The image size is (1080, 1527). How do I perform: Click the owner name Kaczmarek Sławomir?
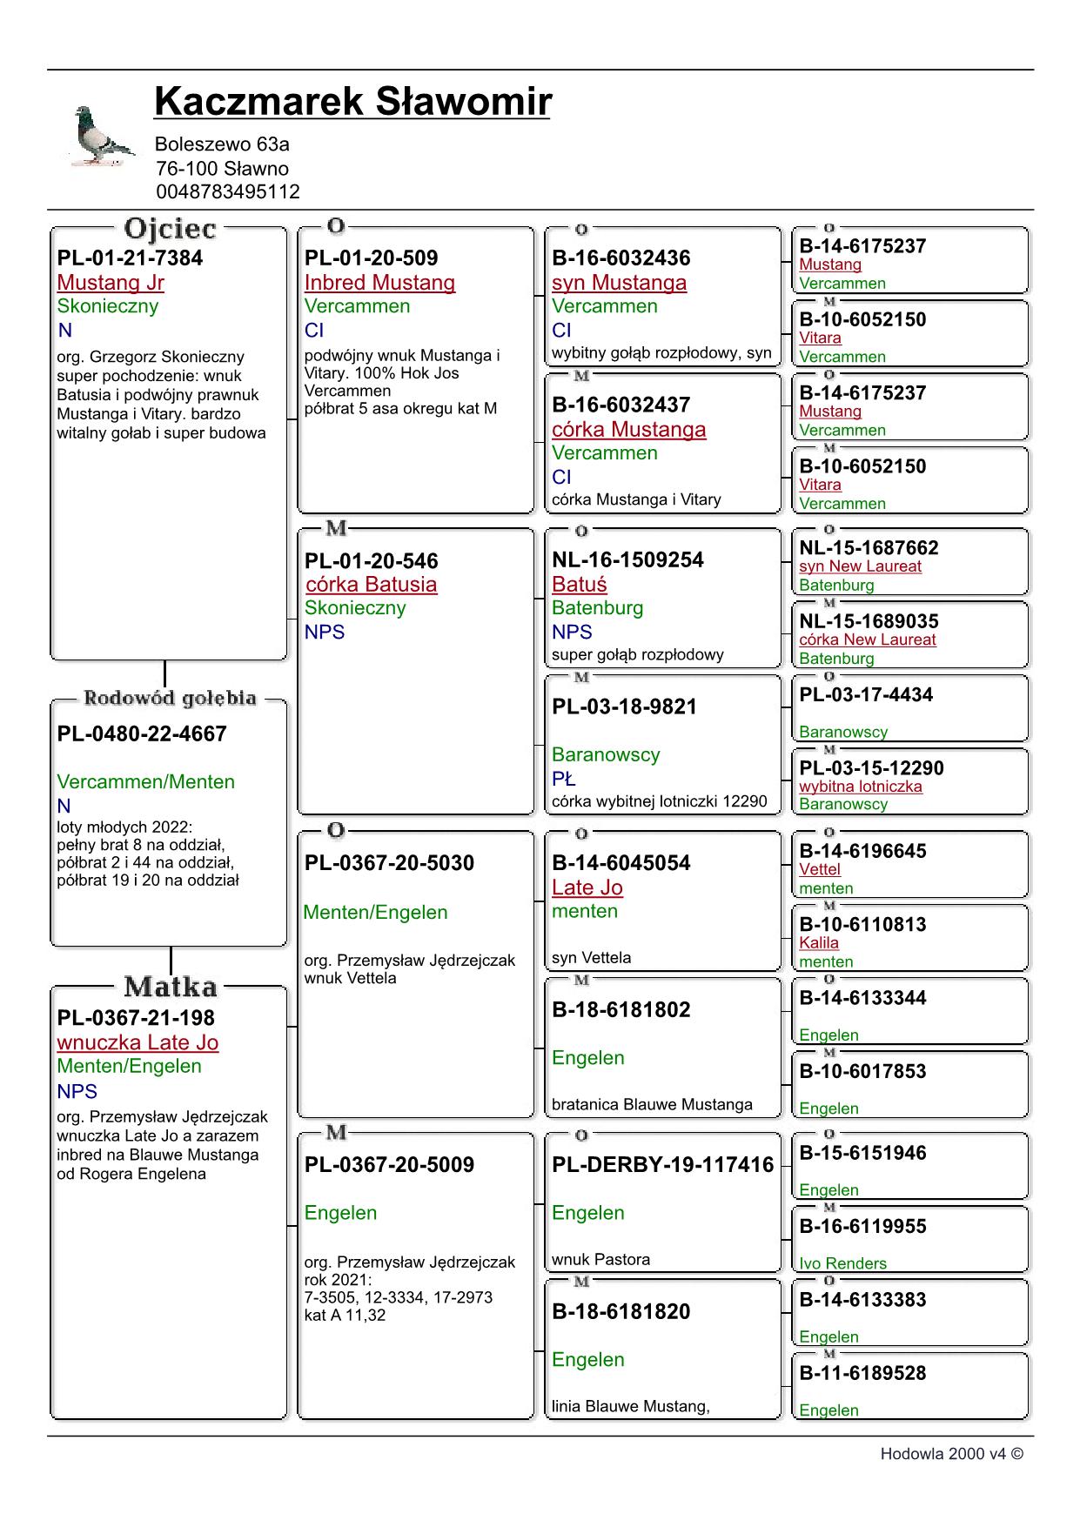click(352, 102)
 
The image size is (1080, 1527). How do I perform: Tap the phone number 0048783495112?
click(228, 191)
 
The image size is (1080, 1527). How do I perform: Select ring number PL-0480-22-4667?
click(142, 733)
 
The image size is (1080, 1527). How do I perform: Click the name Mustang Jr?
click(111, 283)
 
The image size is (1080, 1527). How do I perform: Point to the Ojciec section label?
click(170, 229)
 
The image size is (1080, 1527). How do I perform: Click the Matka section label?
click(171, 987)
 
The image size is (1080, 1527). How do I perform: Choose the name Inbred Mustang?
click(379, 283)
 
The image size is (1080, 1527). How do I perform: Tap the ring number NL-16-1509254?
click(627, 559)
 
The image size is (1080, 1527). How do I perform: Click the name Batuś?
click(579, 585)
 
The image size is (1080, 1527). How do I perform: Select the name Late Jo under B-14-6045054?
click(587, 887)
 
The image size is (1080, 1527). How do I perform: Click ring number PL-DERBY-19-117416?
click(662, 1164)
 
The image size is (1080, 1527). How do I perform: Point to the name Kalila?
click(819, 942)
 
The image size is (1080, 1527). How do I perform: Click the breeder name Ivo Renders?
click(842, 1263)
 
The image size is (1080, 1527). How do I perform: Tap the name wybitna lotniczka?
click(860, 786)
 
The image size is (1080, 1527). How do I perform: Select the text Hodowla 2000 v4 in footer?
click(942, 1454)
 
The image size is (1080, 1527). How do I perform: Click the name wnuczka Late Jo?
click(138, 1042)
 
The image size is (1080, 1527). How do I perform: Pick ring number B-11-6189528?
click(862, 1373)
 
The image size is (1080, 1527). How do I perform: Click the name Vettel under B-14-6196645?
click(820, 869)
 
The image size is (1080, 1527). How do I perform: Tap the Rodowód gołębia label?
click(170, 698)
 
